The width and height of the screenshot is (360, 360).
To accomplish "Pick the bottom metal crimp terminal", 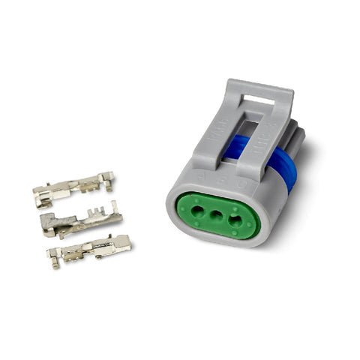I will coord(88,250).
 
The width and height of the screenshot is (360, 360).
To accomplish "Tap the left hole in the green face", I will coord(197,211).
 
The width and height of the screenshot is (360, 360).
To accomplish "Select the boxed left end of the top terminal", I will coord(43,196).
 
